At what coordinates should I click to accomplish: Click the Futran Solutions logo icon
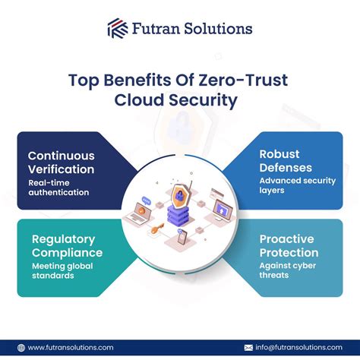tap(118, 29)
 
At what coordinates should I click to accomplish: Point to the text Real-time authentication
tap(59, 187)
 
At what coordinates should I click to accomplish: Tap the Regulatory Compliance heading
tap(68, 245)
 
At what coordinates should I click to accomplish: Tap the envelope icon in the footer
tap(248, 347)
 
